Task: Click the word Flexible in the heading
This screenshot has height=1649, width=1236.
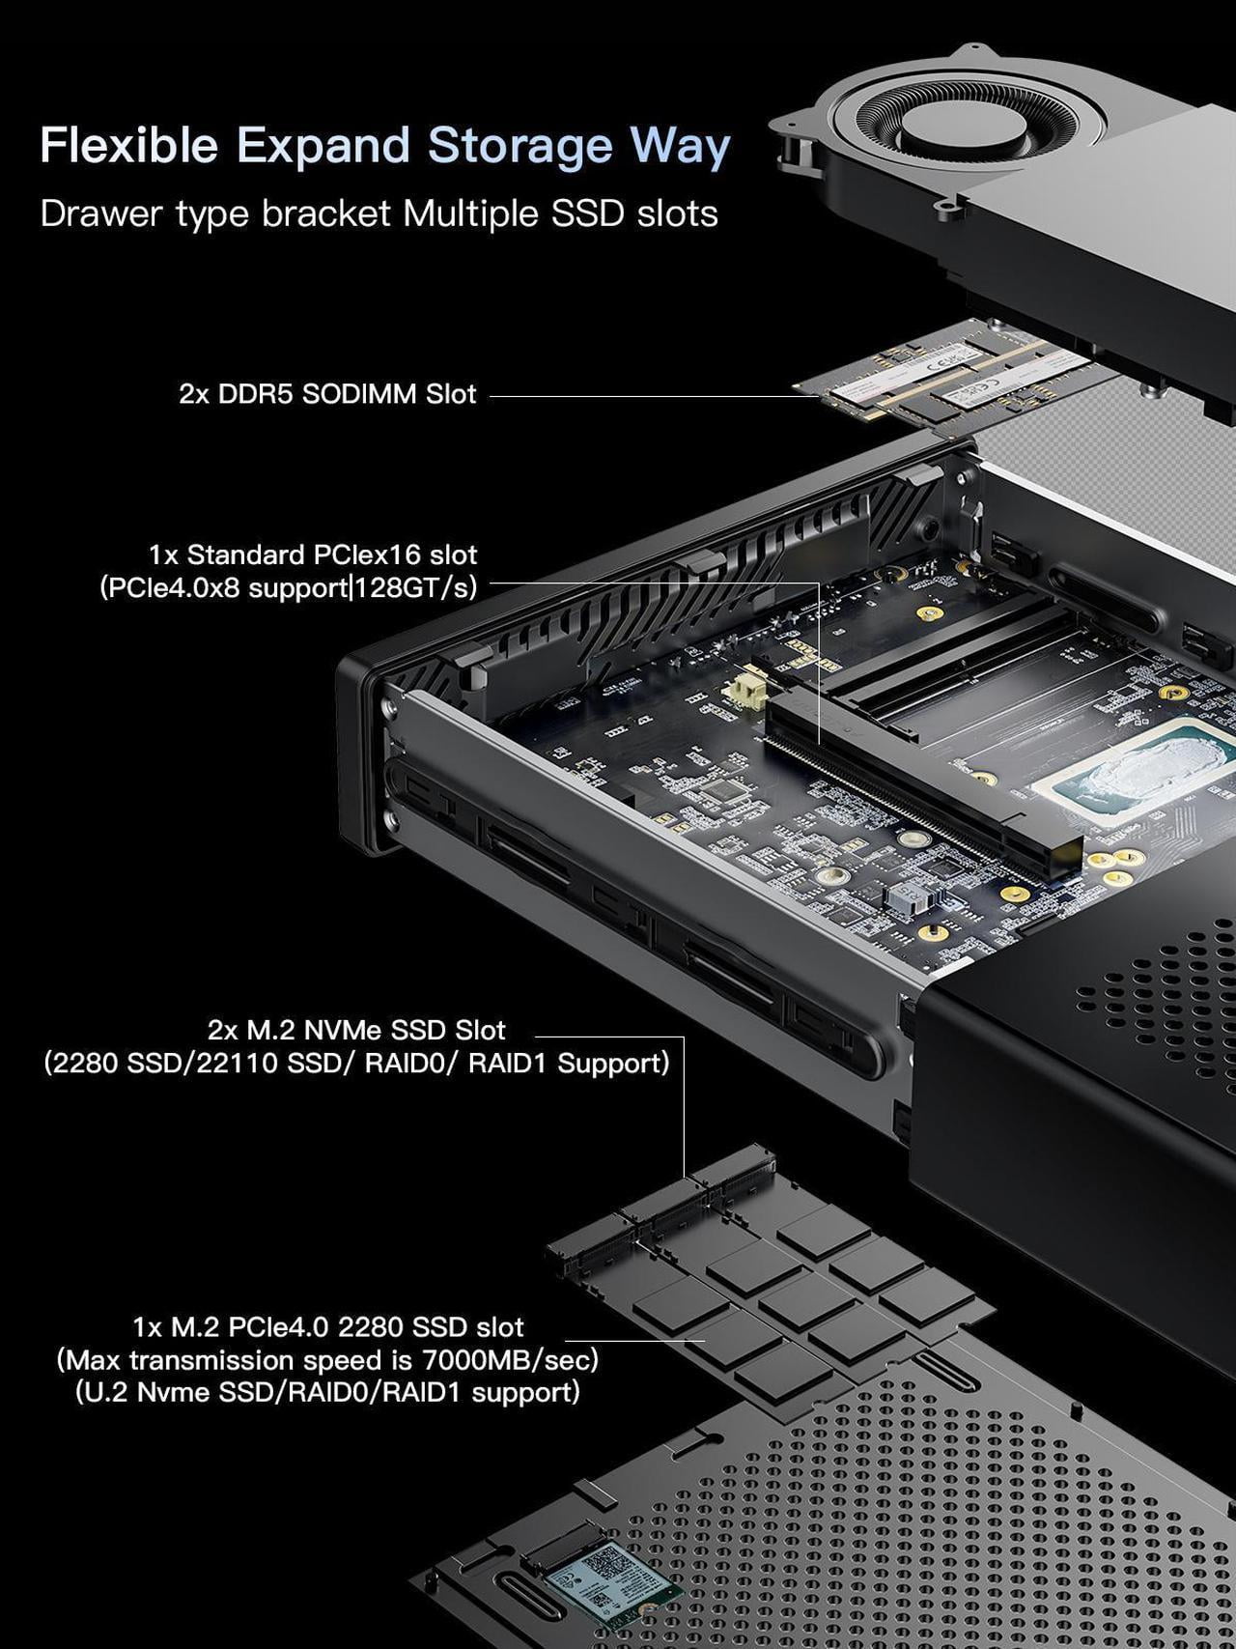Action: (x=129, y=145)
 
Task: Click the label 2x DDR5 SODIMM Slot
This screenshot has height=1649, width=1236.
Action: (x=327, y=394)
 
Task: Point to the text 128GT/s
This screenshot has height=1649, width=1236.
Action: (x=416, y=587)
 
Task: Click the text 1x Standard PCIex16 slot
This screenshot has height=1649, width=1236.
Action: (x=313, y=554)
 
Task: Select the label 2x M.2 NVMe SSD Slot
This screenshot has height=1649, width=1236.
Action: (x=356, y=1030)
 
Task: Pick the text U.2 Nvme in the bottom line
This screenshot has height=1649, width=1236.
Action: (x=147, y=1392)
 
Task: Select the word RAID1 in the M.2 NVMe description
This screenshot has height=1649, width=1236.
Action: (x=508, y=1064)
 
